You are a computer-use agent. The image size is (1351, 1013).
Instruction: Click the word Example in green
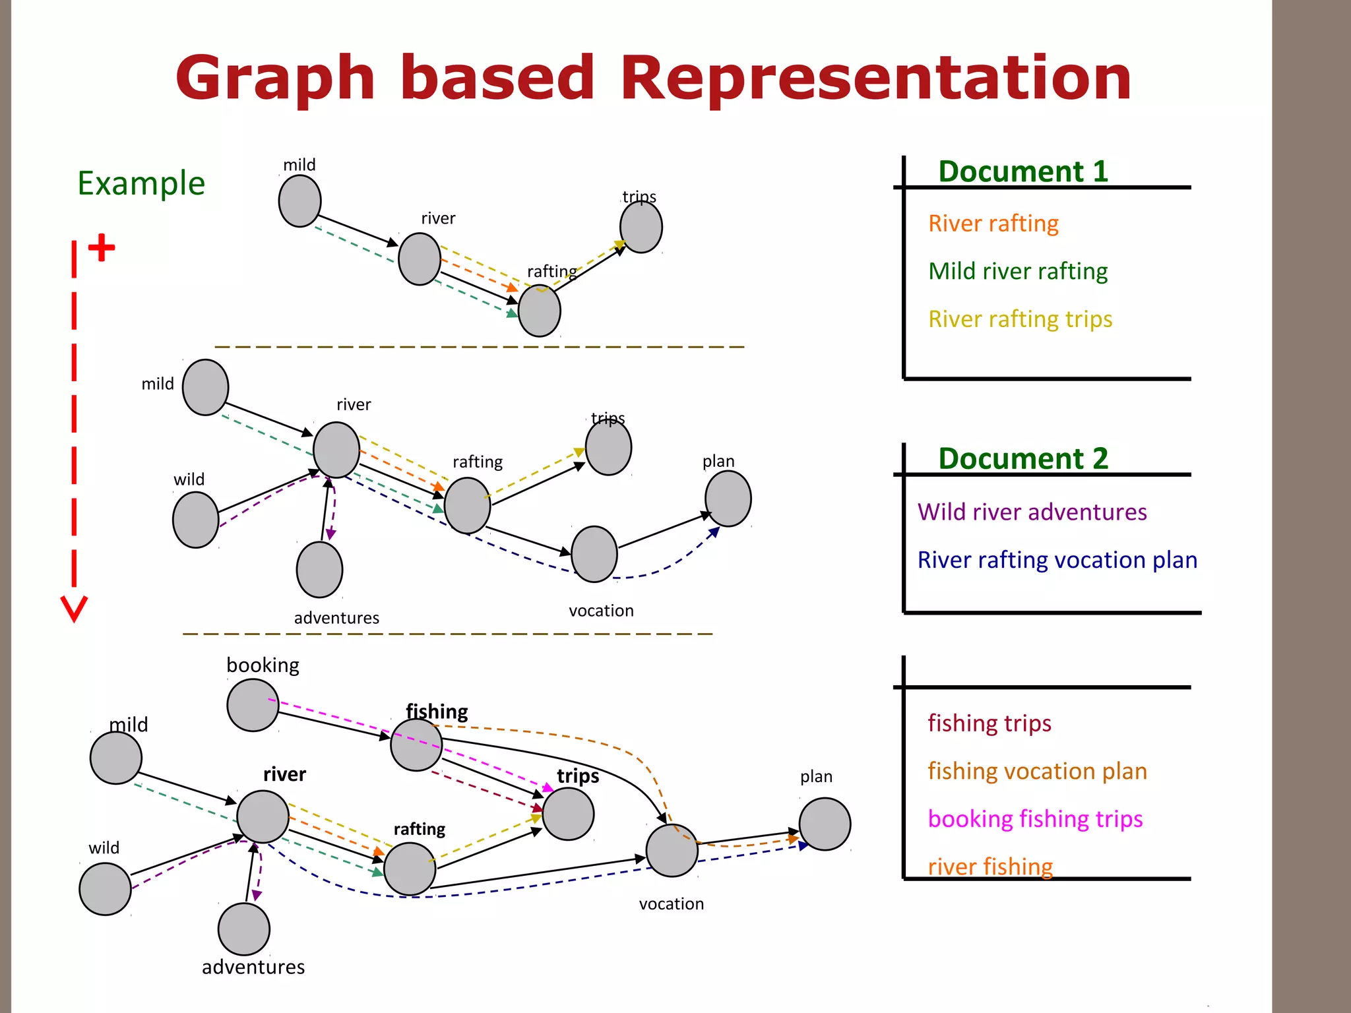[141, 183]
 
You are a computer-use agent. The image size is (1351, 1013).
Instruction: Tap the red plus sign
[102, 248]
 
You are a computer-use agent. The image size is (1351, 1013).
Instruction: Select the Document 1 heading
[1022, 171]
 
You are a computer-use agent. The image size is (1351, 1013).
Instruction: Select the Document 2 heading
[1022, 458]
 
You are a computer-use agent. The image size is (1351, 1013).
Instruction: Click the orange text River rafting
[993, 224]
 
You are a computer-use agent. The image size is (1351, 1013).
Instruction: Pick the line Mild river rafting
[1017, 271]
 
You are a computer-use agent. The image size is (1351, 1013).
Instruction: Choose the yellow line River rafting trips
[1020, 319]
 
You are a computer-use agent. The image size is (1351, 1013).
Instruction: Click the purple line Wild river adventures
[1032, 512]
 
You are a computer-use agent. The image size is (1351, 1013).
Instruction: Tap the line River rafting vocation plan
[1057, 560]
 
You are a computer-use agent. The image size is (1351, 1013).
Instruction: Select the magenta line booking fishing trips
[1034, 818]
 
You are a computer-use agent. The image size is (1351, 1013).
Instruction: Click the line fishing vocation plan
[1037, 771]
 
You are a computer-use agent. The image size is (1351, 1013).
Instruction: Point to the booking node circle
[253, 706]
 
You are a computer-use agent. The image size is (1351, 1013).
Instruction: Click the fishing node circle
[416, 745]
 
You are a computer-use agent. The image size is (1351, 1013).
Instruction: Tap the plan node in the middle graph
[728, 499]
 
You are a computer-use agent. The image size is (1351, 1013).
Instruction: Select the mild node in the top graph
[299, 201]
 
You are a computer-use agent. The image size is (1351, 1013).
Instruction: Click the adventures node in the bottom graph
[244, 929]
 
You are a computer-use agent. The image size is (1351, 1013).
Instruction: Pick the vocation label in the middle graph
[601, 611]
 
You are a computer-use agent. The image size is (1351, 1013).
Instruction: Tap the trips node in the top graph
[641, 227]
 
